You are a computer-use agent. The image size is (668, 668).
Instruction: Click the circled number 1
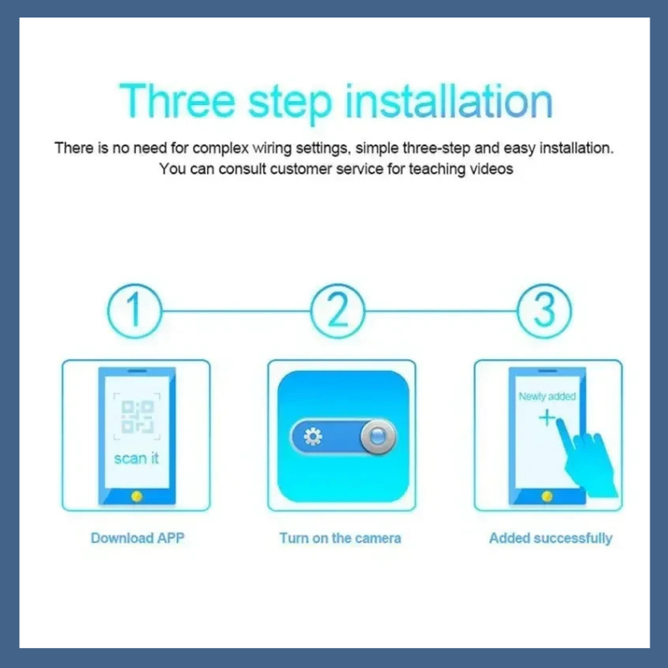click(134, 311)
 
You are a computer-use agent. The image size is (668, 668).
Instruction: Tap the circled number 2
click(338, 311)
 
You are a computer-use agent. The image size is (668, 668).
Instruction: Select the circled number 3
click(544, 311)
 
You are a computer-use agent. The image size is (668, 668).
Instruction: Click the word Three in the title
click(177, 101)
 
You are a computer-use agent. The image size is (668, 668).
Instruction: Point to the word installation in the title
click(449, 101)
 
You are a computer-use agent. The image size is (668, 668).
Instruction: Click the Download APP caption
click(138, 538)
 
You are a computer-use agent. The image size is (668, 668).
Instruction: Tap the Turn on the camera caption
click(340, 538)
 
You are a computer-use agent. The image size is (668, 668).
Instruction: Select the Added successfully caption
click(550, 539)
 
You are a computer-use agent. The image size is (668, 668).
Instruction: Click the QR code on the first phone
click(137, 416)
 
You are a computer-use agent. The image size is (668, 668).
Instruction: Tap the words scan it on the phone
click(136, 458)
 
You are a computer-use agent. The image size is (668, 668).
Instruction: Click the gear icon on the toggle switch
click(313, 437)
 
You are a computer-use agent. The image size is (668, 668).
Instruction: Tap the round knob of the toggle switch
click(378, 437)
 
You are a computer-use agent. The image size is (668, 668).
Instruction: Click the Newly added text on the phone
click(547, 396)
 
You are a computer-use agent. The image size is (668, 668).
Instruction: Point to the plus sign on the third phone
click(547, 418)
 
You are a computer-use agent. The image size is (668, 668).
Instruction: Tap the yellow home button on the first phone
click(137, 496)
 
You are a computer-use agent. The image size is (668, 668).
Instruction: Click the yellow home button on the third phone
click(547, 496)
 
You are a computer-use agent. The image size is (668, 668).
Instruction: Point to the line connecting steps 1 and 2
click(236, 311)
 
